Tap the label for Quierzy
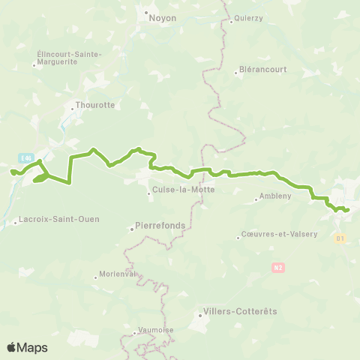point(248,21)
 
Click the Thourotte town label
point(95,105)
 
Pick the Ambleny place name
point(272,197)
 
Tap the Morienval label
point(118,274)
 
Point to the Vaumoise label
point(157,331)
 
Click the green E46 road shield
point(26,157)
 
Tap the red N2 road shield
point(278,266)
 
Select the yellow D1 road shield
point(340,238)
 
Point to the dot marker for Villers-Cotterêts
point(199,316)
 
